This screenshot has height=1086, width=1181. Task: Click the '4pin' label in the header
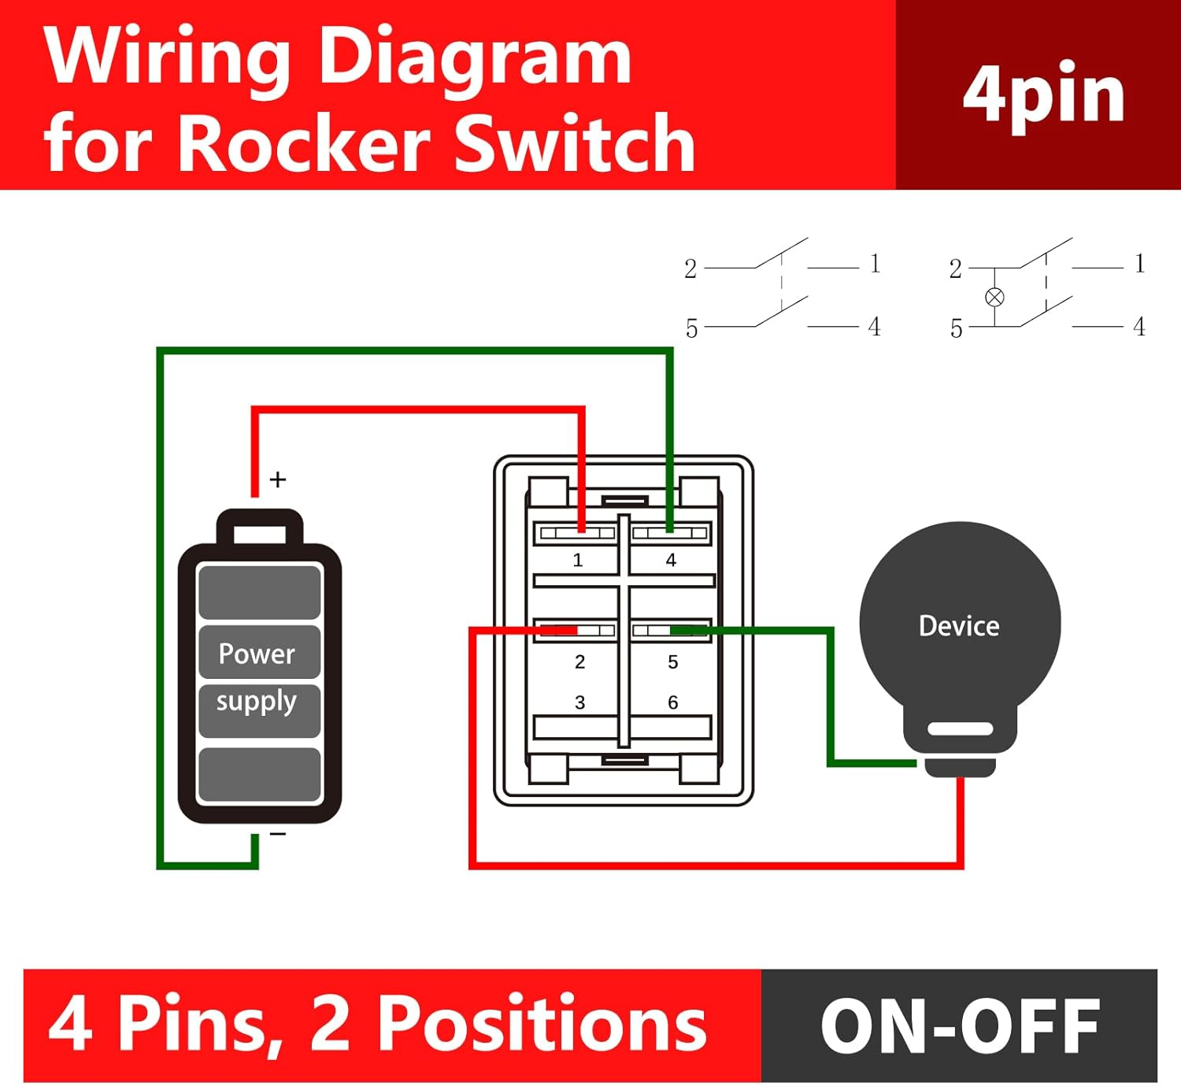(x=1043, y=95)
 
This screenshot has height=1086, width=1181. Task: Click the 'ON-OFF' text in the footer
(x=960, y=1025)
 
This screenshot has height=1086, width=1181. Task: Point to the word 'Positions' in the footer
(x=542, y=1024)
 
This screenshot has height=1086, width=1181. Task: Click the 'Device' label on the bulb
(x=959, y=626)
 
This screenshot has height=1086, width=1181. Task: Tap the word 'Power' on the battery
(x=257, y=654)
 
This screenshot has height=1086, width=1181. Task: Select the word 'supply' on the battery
(x=257, y=701)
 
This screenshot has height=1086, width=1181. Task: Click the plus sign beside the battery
(x=278, y=480)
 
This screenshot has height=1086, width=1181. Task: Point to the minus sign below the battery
(x=278, y=834)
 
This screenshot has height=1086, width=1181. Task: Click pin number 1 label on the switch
(x=578, y=560)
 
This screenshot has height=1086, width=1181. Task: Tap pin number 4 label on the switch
(x=671, y=560)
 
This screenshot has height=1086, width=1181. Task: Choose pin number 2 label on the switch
(x=579, y=662)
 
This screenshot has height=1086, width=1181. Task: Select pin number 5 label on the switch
(x=672, y=662)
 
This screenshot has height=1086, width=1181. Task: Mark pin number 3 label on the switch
(x=579, y=702)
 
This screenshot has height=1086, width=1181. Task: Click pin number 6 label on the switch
(x=672, y=702)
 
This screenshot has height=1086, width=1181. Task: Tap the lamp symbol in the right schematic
(x=994, y=297)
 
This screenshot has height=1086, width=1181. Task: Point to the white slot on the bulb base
(x=960, y=729)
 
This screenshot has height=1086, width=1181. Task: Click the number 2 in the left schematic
(x=690, y=269)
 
